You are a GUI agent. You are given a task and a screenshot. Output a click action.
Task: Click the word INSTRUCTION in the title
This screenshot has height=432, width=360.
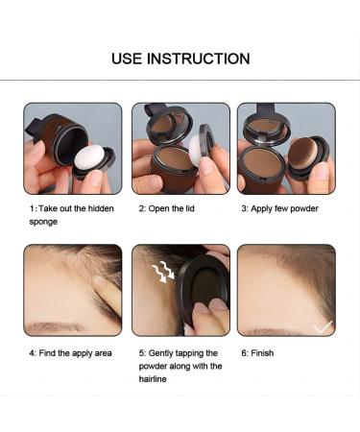click(199, 59)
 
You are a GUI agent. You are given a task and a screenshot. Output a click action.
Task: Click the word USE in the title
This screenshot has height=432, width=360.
click(127, 59)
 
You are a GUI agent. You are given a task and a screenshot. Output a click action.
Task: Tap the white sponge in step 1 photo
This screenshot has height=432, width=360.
click(89, 156)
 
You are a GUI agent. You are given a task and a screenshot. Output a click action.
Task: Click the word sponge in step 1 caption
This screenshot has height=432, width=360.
click(43, 222)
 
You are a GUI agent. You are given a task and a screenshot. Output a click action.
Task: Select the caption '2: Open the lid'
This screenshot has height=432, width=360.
click(166, 208)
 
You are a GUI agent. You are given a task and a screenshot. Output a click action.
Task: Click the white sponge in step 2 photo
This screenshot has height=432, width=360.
click(195, 150)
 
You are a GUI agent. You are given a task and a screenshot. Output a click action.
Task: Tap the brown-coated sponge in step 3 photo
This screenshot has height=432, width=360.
click(303, 153)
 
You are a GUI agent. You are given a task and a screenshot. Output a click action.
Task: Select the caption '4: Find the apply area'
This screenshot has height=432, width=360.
click(70, 353)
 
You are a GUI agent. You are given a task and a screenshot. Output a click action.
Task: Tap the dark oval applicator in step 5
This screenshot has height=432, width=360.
click(204, 288)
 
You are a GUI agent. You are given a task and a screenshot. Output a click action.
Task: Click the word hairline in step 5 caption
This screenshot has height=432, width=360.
click(153, 379)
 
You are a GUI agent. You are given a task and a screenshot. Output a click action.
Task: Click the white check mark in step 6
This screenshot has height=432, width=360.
click(323, 327)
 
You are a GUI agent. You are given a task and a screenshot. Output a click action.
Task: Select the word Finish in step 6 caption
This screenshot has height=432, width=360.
click(262, 353)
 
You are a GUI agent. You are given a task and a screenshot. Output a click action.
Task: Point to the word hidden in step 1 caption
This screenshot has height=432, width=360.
click(101, 208)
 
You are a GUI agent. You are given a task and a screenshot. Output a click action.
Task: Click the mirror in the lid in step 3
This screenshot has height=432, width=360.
click(266, 127)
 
